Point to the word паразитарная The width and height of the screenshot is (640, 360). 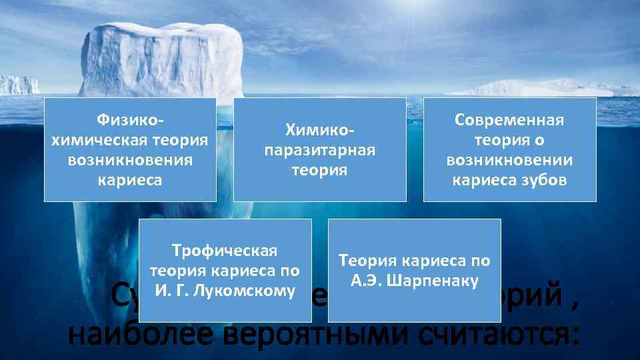point(320,150)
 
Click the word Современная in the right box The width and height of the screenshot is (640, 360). point(509,121)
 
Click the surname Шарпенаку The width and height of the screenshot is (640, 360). point(436,281)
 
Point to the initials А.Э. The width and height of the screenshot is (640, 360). point(368,281)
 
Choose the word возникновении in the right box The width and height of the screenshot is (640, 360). point(509,161)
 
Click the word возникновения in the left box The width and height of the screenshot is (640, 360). point(130,161)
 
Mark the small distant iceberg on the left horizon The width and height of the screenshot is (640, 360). point(18,85)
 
